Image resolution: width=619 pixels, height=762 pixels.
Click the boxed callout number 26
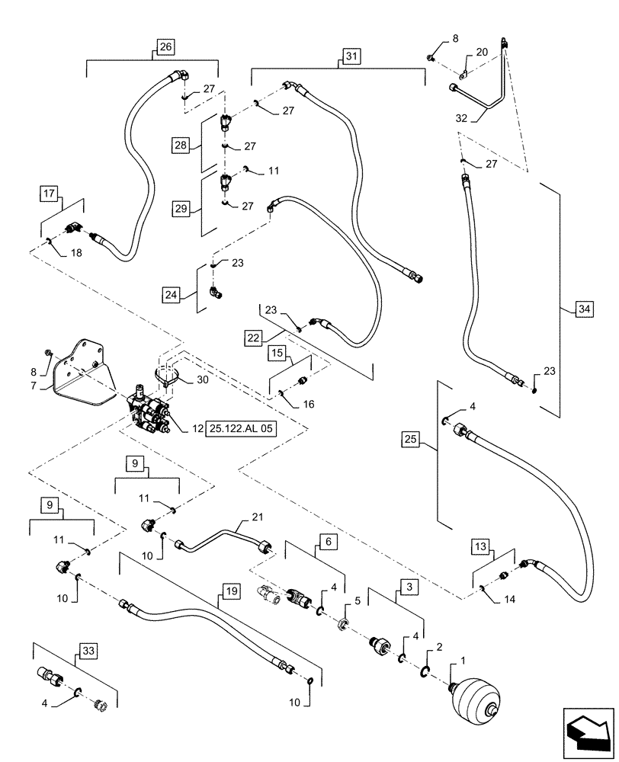166,47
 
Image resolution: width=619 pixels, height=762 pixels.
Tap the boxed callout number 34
582,309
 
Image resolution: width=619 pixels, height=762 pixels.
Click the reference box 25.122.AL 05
239,429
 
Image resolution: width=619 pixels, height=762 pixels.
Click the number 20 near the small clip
482,52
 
